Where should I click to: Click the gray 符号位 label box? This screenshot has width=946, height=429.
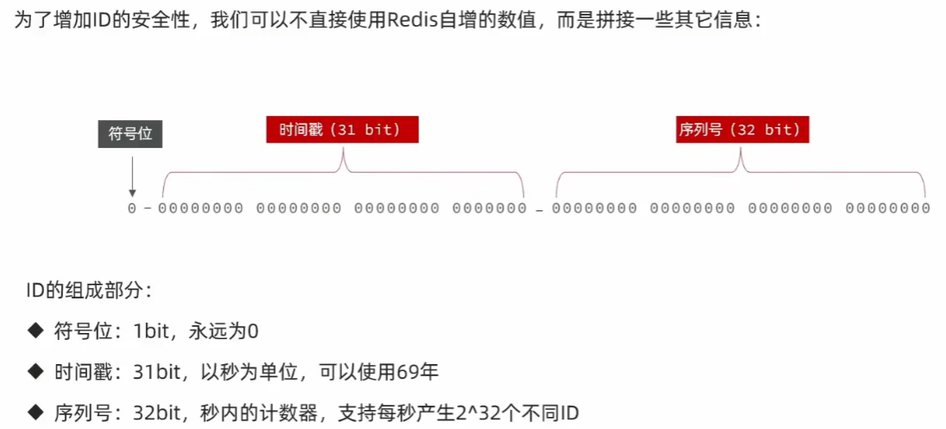130,134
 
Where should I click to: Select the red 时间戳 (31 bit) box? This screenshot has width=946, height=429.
342,130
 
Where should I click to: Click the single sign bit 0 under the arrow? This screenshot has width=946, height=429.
132,208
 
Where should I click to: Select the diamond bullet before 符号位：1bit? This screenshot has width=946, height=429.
35,330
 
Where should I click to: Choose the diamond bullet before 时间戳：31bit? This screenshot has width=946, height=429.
35,372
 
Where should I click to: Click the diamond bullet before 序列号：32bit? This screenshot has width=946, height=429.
35,413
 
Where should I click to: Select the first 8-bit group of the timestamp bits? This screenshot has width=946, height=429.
200,208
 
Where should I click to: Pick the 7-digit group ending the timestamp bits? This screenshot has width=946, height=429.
489,208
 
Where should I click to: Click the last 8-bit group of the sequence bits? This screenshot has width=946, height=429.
887,208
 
